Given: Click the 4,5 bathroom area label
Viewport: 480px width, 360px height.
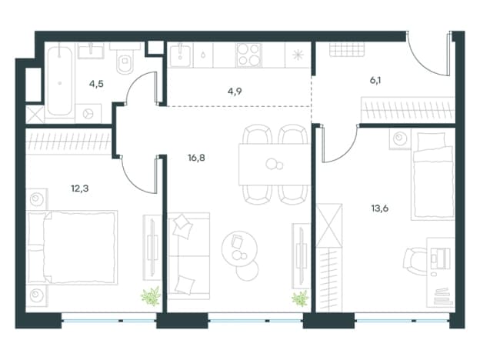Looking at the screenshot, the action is point(96,84).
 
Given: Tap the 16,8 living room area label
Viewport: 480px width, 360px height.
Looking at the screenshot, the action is point(196,158).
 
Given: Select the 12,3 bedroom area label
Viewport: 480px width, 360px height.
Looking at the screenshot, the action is point(79,188).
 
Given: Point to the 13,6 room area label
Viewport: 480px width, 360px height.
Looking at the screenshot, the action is point(379,208).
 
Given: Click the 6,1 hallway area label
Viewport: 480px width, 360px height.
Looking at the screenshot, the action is point(375,81).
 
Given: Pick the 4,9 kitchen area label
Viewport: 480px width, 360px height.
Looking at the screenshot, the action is point(235,92).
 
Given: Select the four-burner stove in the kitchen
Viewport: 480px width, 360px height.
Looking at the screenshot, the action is point(249,55).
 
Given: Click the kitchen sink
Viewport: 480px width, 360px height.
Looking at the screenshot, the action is point(180,55).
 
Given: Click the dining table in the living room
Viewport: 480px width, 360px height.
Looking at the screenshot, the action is point(275,165).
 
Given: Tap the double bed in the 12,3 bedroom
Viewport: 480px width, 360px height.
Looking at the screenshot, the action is point(72,248).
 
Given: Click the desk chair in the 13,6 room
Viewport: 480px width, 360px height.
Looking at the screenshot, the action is point(415,261).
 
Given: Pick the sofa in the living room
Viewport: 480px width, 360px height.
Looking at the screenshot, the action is point(189,256).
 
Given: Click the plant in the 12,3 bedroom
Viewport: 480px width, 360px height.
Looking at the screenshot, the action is point(151,295).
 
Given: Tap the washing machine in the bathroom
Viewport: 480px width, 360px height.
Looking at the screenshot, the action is point(88,114).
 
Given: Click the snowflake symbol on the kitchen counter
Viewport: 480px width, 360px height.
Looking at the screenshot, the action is point(297,55).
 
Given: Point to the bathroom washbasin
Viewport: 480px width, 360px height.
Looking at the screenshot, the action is point(91,51).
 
